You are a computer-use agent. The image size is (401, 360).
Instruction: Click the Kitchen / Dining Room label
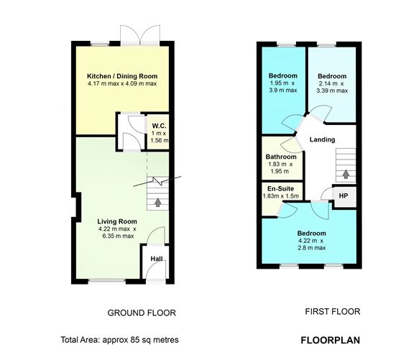(x=121, y=76)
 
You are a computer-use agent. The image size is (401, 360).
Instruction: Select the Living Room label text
(x=117, y=221)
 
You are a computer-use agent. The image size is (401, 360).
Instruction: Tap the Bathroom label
(x=281, y=157)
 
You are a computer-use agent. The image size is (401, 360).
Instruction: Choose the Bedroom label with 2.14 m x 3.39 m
(x=332, y=76)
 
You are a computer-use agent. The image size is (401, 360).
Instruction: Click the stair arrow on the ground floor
(x=157, y=203)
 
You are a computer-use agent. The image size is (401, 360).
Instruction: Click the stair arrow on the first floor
(x=347, y=173)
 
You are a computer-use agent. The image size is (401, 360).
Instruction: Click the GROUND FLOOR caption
(x=142, y=313)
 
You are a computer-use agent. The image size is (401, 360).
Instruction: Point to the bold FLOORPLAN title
(x=330, y=340)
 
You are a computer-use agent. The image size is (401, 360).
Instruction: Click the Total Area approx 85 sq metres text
(x=119, y=340)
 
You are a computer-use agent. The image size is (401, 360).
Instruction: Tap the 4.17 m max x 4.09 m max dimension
(x=121, y=84)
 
